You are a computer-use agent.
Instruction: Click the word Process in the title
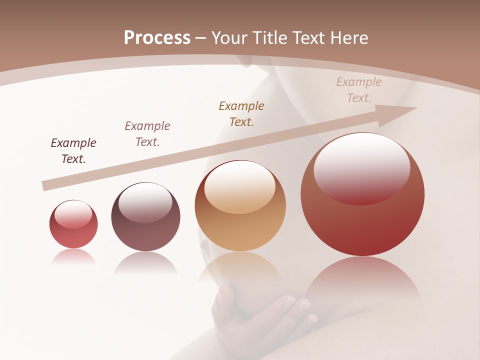click(157, 37)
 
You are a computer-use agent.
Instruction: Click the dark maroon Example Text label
click(73, 150)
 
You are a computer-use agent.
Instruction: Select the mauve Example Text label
click(147, 133)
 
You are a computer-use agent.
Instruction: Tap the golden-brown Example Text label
click(241, 113)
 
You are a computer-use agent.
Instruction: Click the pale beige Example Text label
click(358, 89)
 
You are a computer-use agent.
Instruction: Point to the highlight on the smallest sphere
click(73, 214)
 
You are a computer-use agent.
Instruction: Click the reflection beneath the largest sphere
click(362, 280)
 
